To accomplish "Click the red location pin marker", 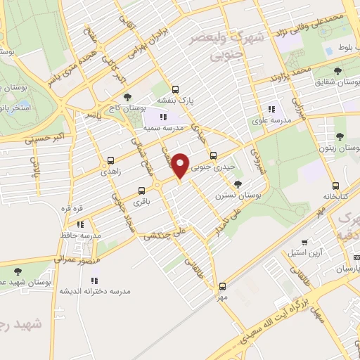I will point(181,165).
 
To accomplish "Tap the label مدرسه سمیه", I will point(164,129).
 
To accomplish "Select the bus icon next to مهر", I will point(222,286).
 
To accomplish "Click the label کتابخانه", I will point(335,196).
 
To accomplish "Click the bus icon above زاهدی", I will point(110,160).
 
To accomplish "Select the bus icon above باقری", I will point(142,190).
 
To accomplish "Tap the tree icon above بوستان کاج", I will point(127,97).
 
